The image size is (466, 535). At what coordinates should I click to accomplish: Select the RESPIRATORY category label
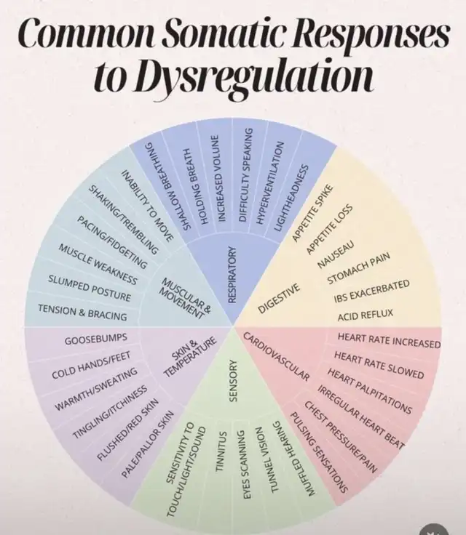233,275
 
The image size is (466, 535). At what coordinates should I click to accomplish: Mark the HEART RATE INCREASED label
389,339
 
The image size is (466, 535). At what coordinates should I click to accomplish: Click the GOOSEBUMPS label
95,339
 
